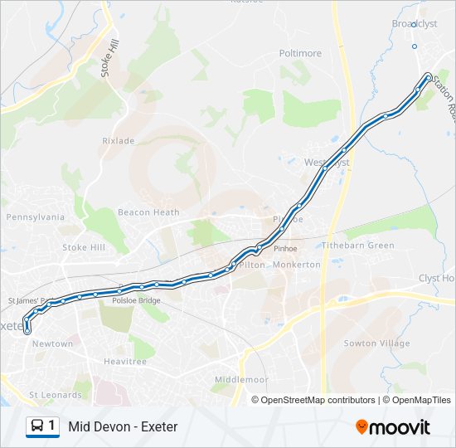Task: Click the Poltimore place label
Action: [x=300, y=53]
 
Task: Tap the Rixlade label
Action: [x=118, y=141]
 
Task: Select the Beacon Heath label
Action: [x=148, y=212]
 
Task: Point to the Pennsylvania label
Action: [x=35, y=217]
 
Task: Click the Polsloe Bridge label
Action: [x=137, y=300]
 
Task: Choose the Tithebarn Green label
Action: [x=358, y=246]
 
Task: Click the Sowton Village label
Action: [x=376, y=343]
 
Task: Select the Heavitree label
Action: [x=124, y=362]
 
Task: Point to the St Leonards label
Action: [x=56, y=395]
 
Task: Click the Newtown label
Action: [x=53, y=343]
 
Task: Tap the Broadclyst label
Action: [x=414, y=24]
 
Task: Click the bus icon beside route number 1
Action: [x=37, y=426]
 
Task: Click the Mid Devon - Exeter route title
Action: [x=123, y=426]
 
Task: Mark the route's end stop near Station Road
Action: [x=428, y=77]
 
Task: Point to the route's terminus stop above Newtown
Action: [x=28, y=330]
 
